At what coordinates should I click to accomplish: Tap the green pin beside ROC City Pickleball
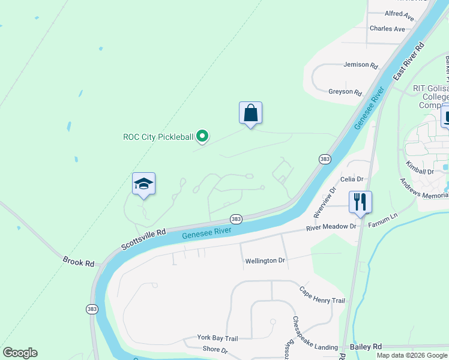tap(203, 137)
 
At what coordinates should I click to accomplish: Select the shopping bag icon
tap(250, 113)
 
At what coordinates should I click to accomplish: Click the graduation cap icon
tap(143, 184)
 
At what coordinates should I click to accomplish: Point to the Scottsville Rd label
tap(143, 238)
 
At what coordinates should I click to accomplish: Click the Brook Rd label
tap(79, 262)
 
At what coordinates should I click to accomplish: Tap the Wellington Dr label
tap(265, 261)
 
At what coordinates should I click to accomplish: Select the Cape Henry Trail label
tap(322, 295)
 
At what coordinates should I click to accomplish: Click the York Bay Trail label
tap(218, 338)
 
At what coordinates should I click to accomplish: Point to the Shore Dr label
tap(215, 350)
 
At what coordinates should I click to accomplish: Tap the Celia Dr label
tap(352, 179)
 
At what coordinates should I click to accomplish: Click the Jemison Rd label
tap(361, 65)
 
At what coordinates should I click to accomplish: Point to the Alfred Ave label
tap(399, 13)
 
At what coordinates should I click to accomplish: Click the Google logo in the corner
tap(20, 353)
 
